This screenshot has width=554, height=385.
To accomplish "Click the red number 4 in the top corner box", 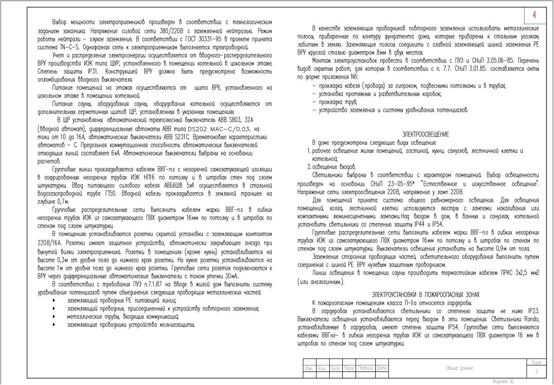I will click(534, 15).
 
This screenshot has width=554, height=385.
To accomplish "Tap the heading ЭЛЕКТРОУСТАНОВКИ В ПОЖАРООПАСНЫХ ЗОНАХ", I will click(425, 294).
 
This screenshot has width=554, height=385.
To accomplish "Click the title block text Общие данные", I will click(459, 368).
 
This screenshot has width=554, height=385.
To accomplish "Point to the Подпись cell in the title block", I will click(366, 368).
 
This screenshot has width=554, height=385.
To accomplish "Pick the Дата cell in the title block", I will click(382, 368).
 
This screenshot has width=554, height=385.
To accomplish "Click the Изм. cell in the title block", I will click(308, 368).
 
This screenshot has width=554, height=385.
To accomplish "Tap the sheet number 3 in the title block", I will click(536, 371).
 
